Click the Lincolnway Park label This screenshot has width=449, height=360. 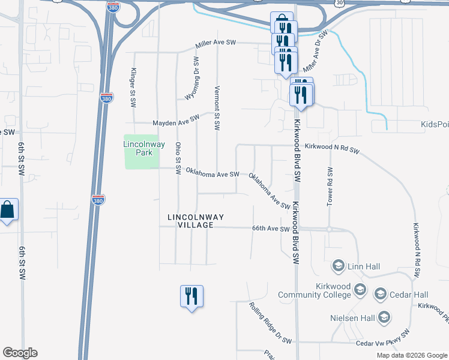pos(138,148)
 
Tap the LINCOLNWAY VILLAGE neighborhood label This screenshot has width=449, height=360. pos(191,220)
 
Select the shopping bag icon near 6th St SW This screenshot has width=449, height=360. pos(8,211)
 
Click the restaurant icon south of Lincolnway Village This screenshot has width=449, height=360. pos(191,296)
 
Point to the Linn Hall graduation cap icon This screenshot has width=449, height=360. pos(338,265)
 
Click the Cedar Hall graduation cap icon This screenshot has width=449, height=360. pos(379,294)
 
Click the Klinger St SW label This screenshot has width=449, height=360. pos(133,88)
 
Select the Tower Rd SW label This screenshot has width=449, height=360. pos(330,186)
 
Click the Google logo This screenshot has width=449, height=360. pos(20,353)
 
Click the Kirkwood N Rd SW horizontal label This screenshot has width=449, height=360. pos(331,148)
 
